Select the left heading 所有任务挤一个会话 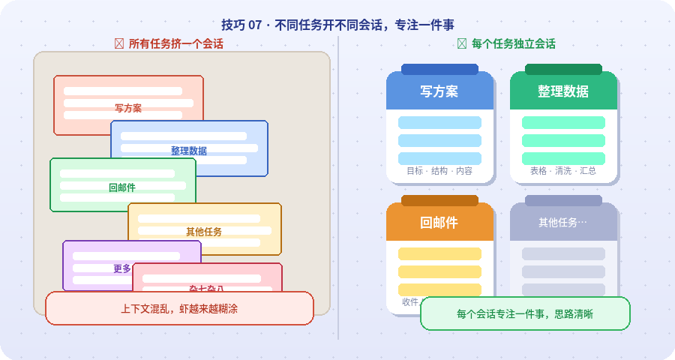pos(175,44)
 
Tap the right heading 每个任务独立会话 pos(513,44)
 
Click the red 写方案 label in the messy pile pos(128,108)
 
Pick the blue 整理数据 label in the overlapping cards pos(189,150)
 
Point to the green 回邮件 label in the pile pos(122,187)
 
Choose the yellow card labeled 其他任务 pos(204,232)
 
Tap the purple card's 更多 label pos(122,268)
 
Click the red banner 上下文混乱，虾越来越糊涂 pos(179,308)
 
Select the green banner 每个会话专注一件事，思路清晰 pos(525,313)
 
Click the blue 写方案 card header pos(439,91)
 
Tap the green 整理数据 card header pos(563,91)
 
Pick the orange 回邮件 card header pos(439,223)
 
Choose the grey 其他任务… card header pos(563,223)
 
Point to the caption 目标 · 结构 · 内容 pos(439,171)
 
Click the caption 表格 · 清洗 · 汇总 pos(563,171)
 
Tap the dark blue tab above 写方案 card pos(439,69)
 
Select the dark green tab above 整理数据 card pos(563,69)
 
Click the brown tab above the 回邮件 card pos(439,200)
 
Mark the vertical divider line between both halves pos(338,187)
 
